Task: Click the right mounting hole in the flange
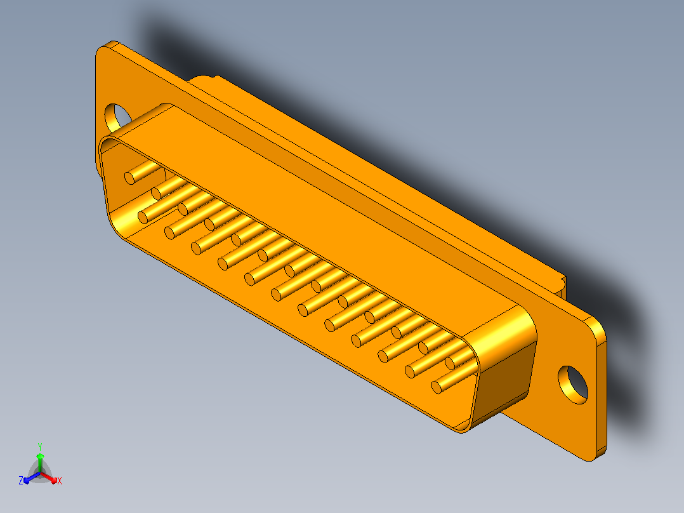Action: [x=573, y=385]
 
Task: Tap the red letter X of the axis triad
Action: [x=60, y=481]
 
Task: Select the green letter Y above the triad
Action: [x=40, y=447]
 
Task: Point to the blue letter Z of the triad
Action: [x=21, y=481]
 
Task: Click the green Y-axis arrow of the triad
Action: [x=40, y=462]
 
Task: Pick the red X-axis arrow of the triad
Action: [x=49, y=477]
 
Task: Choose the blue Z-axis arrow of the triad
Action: [x=32, y=477]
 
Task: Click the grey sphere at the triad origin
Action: [x=40, y=473]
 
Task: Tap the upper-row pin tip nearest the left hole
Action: [x=129, y=178]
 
